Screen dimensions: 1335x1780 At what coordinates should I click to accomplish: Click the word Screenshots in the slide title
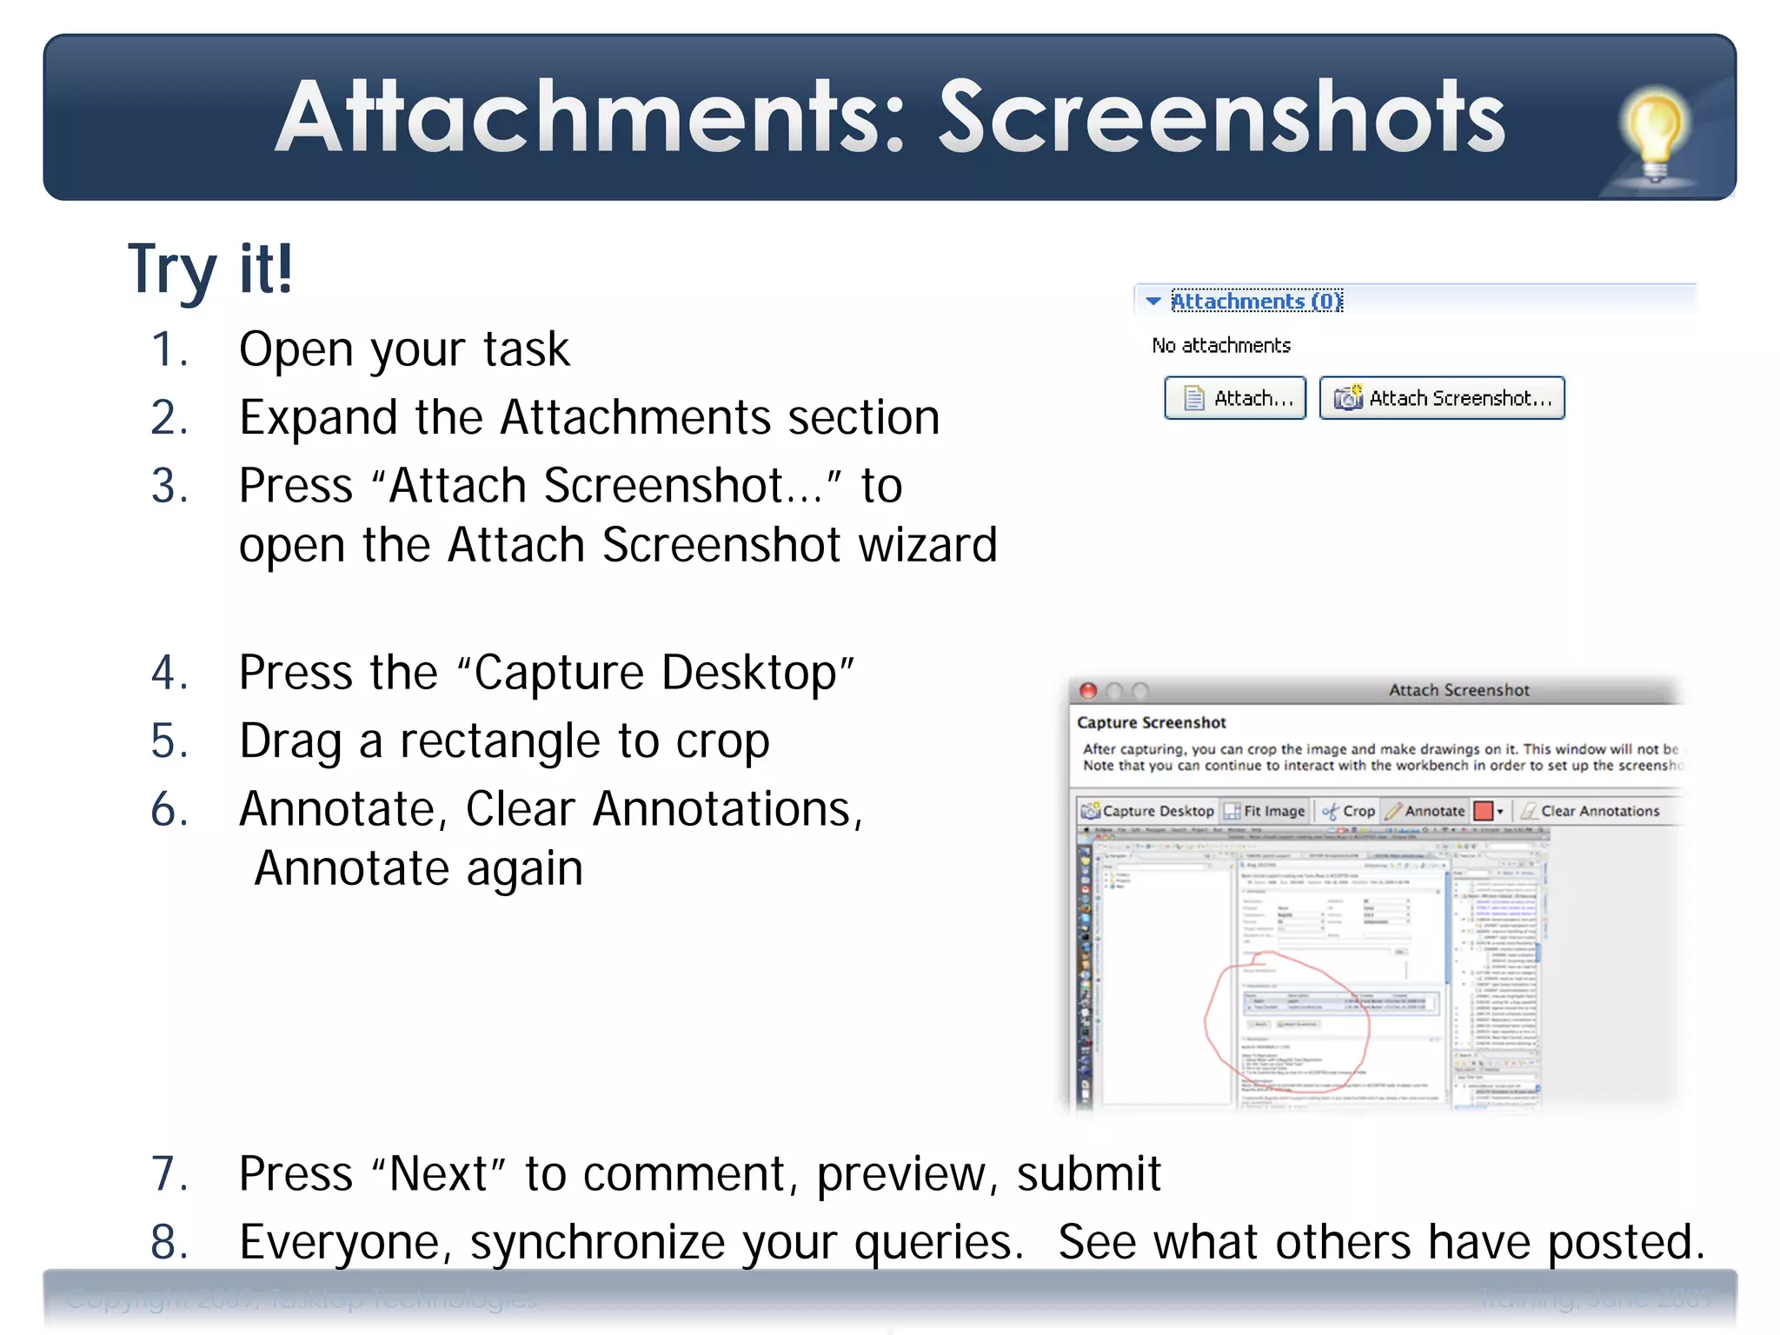click(x=1221, y=117)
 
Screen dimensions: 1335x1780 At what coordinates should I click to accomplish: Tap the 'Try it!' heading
click(x=210, y=269)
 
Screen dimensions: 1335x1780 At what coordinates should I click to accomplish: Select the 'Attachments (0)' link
click(x=1256, y=301)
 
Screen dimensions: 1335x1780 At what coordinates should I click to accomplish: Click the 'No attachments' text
click(x=1221, y=346)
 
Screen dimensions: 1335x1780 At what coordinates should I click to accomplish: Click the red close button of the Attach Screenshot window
click(x=1087, y=691)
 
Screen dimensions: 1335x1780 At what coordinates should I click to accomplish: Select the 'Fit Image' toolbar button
click(x=1265, y=811)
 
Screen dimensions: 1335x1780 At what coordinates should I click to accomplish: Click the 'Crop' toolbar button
click(x=1349, y=811)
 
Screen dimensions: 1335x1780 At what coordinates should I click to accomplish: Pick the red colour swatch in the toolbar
click(x=1484, y=811)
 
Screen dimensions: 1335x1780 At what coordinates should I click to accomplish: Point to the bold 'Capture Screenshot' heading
click(x=1151, y=722)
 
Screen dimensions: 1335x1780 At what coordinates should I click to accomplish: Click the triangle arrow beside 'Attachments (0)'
click(x=1153, y=301)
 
